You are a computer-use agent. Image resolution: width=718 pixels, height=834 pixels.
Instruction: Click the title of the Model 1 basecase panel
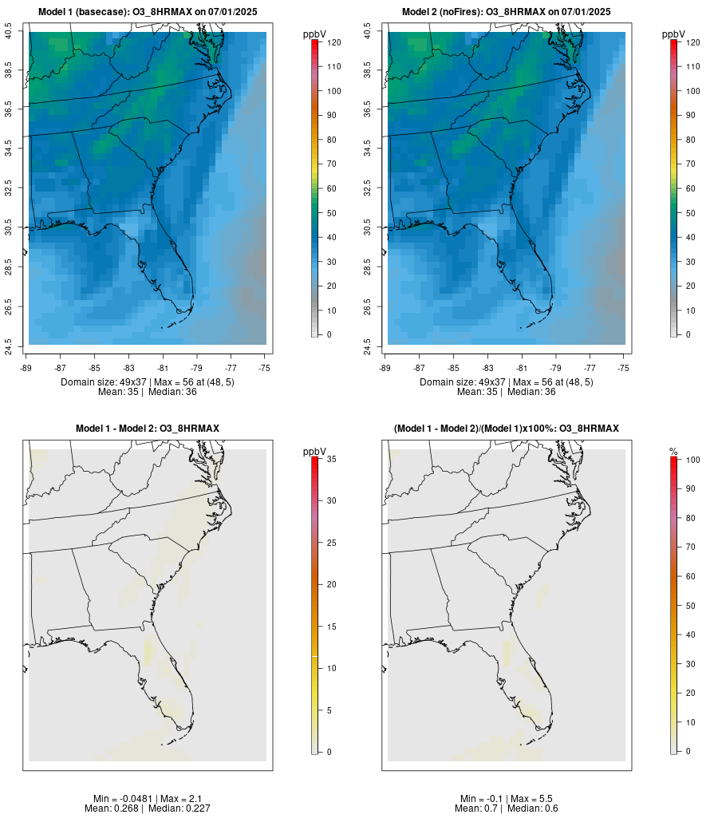pos(147,12)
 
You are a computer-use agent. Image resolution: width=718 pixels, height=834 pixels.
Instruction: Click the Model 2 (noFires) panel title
pos(506,12)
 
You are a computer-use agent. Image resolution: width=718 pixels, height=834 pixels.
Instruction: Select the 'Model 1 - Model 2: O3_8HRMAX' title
pos(148,429)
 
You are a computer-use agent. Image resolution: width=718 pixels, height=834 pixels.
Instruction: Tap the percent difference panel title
pos(506,429)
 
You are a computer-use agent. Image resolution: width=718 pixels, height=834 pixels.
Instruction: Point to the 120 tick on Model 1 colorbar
pos(333,42)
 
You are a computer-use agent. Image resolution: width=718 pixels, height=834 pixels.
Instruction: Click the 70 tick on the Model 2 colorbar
pos(692,164)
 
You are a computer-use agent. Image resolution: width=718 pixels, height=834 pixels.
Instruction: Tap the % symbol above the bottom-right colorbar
pos(673,452)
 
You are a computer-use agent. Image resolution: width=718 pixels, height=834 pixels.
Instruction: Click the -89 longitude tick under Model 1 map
pos(27,367)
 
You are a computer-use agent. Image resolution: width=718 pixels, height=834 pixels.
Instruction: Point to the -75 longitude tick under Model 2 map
pos(624,367)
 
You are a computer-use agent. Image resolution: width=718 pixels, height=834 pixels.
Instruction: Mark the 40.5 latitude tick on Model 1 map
pos(10,32)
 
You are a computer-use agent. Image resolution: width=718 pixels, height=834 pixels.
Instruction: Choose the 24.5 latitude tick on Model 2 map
pos(369,346)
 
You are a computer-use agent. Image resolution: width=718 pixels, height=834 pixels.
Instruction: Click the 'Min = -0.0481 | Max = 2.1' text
pos(148,798)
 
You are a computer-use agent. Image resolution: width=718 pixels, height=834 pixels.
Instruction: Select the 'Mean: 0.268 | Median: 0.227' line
pos(148,808)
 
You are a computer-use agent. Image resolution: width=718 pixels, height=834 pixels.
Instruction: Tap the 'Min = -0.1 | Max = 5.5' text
pos(507,798)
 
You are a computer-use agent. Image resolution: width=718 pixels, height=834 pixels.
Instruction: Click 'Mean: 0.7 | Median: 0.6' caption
pos(507,808)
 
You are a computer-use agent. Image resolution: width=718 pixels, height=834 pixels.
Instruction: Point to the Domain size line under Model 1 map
pos(148,382)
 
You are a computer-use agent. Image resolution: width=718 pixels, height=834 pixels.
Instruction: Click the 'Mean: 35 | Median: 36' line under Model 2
pos(507,392)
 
